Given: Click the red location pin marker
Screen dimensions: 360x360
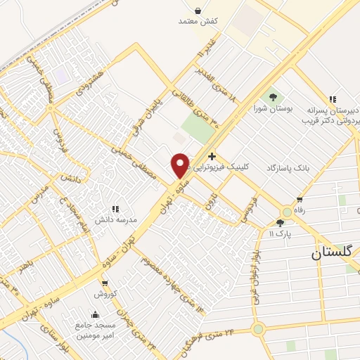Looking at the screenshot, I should click(x=180, y=165).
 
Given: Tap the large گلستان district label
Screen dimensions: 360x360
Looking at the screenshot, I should click(x=335, y=254).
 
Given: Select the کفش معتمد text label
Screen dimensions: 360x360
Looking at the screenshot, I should click(x=198, y=22).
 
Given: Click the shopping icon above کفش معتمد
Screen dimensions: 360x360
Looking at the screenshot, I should click(x=198, y=11).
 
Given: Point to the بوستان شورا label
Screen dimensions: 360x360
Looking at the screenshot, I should click(x=273, y=108).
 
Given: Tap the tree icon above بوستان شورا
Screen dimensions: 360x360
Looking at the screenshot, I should click(x=273, y=97).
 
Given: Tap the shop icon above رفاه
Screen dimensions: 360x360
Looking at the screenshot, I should click(x=301, y=200).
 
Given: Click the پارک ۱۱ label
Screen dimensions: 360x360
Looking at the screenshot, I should click(x=280, y=232).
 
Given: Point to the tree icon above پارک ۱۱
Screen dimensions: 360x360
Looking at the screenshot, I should click(x=280, y=222).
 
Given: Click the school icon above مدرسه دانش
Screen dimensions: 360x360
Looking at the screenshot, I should click(x=115, y=209).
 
